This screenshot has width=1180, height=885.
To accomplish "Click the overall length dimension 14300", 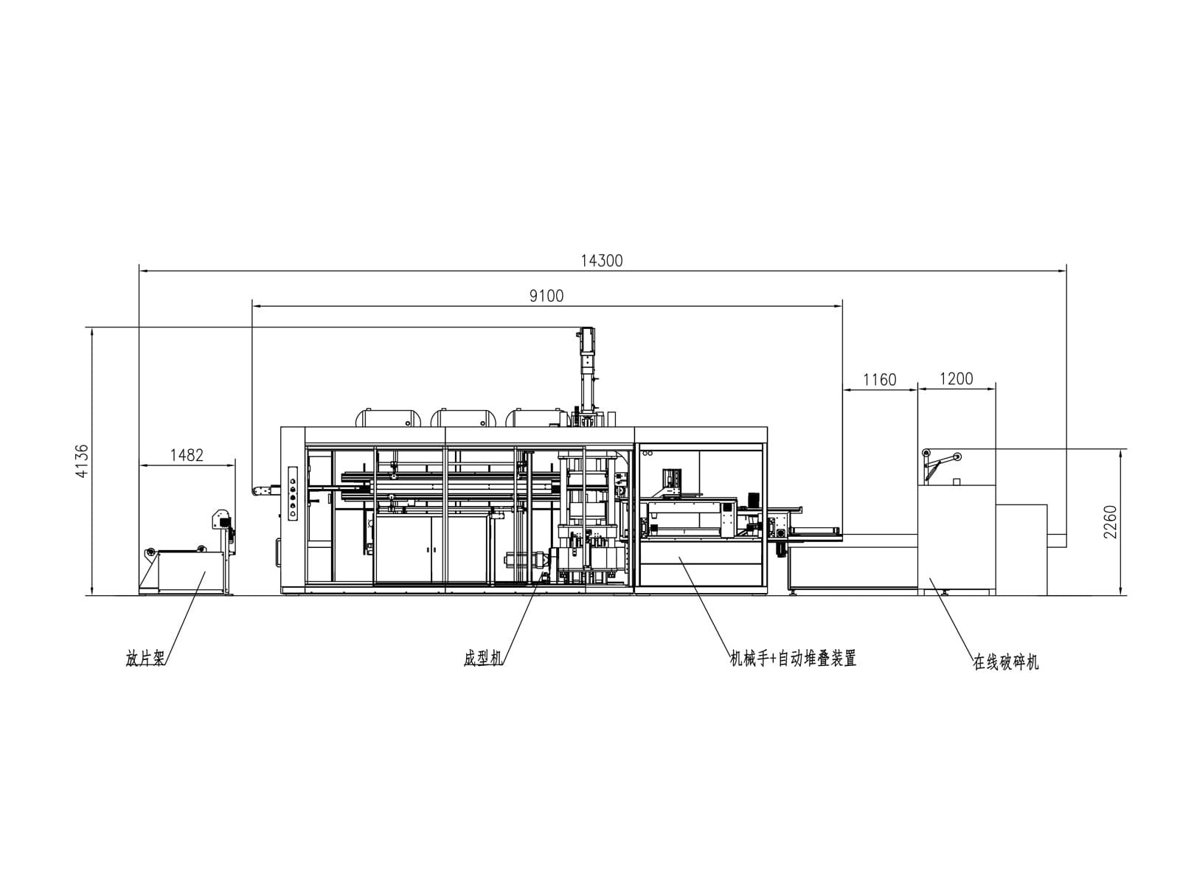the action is pos(602,260).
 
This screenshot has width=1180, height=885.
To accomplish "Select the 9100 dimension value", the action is pos(546,296).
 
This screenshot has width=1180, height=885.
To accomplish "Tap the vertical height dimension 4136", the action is pos(82,461).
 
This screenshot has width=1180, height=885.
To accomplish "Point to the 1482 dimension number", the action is pos(187,455).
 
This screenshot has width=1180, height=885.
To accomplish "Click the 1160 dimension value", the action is pos(880,380).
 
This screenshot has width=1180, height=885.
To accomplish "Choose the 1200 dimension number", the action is pos(957,379).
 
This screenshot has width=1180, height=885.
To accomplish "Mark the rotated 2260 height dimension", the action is pos(1110,521).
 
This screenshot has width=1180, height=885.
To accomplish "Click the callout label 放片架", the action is pos(145,659).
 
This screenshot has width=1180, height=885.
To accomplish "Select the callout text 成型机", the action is pos(482,659).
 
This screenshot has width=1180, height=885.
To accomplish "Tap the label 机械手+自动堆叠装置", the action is pos(792,659).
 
